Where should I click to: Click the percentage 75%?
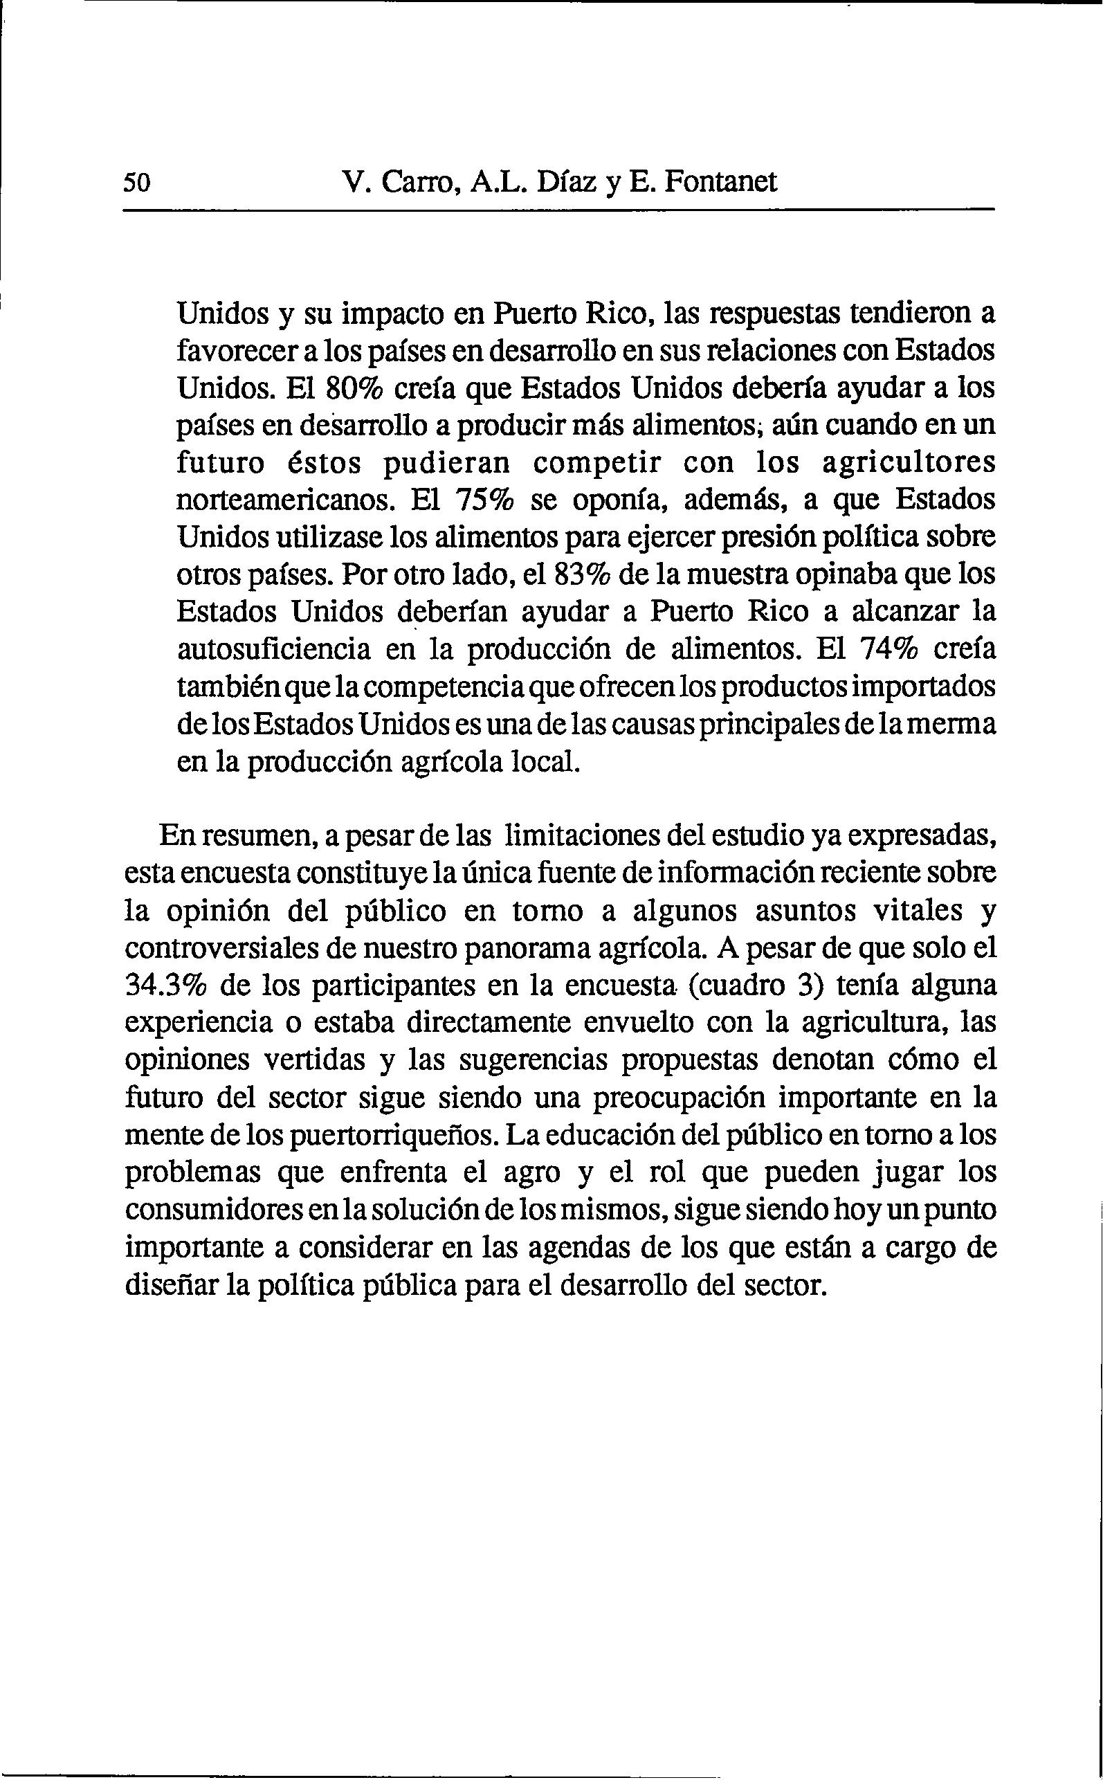pos(484,500)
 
